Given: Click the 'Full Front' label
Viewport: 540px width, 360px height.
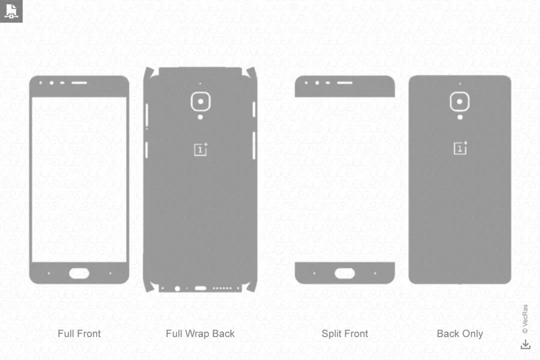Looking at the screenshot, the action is (79, 333).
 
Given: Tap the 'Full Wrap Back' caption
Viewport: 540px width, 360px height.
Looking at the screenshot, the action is (200, 333).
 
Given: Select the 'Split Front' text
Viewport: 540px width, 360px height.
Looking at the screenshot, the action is (345, 333).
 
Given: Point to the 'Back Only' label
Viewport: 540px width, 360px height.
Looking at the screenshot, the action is (460, 333).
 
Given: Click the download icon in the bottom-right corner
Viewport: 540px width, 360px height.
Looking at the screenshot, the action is (526, 344).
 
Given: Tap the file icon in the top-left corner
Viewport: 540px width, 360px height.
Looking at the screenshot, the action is (11, 11).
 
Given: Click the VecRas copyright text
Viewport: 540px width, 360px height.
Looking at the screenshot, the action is (525, 319).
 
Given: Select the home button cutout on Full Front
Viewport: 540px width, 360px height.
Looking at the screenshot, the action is (79, 273).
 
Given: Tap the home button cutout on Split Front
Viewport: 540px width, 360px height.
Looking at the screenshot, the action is (345, 273).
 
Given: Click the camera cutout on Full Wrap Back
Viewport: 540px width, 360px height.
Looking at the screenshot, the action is (200, 102).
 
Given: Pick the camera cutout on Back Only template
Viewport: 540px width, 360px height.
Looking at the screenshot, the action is (459, 102).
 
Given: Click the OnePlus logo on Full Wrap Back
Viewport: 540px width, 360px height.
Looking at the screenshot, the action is (201, 149).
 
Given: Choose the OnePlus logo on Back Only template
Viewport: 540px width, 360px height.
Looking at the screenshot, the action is (460, 148).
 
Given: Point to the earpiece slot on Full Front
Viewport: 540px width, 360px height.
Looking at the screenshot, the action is (79, 83).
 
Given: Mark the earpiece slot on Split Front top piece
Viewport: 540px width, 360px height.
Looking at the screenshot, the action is (345, 83).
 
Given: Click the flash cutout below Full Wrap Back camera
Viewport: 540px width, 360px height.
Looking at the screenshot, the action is (200, 117).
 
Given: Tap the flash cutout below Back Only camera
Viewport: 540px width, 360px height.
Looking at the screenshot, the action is (460, 117).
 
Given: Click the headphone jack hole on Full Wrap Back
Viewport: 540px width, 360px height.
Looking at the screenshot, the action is (177, 288).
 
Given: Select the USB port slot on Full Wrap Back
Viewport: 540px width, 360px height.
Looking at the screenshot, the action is (200, 288).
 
